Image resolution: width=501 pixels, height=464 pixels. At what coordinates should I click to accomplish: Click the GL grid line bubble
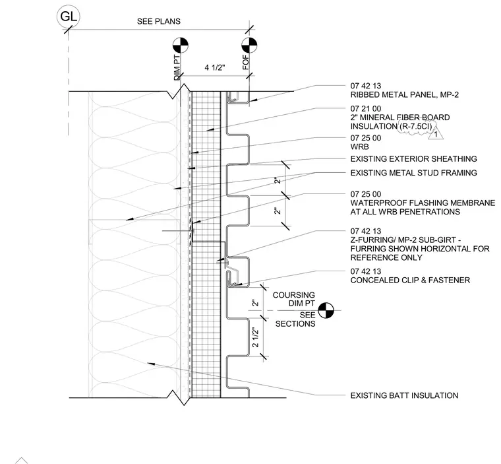(69, 17)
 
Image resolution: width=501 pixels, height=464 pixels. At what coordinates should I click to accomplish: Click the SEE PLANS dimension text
(158, 21)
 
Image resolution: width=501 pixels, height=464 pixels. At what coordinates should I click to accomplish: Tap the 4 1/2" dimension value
(215, 67)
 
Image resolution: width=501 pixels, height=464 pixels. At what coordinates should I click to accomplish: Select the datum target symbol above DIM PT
(181, 45)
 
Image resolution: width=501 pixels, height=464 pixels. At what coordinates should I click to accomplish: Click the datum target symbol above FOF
(249, 45)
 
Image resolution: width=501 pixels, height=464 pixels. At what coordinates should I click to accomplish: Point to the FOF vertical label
(245, 63)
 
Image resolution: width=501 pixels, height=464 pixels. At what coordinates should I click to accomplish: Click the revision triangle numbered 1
(436, 133)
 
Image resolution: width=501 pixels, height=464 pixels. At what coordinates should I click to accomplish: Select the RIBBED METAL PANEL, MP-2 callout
(405, 95)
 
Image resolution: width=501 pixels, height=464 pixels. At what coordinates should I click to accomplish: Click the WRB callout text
(359, 147)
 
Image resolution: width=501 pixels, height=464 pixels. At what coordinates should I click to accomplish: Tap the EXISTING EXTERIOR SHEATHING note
(413, 158)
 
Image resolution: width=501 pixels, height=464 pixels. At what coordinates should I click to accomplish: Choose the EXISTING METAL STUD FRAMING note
(413, 173)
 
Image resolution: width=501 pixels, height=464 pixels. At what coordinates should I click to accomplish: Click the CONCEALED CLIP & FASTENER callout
(410, 281)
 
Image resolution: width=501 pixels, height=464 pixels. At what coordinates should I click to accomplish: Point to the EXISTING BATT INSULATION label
(404, 395)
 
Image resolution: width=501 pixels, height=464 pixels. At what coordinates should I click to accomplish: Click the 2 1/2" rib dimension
(255, 337)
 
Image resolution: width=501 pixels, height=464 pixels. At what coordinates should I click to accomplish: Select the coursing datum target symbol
(326, 310)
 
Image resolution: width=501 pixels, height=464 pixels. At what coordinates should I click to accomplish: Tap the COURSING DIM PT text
(293, 299)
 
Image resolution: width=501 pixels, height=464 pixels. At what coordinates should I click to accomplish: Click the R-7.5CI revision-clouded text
(416, 127)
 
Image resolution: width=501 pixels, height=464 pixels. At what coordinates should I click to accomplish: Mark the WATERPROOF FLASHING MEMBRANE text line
(423, 203)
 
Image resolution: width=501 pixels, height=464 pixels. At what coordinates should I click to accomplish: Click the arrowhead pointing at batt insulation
(151, 364)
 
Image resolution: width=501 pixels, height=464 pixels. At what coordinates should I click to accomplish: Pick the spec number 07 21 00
(365, 109)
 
